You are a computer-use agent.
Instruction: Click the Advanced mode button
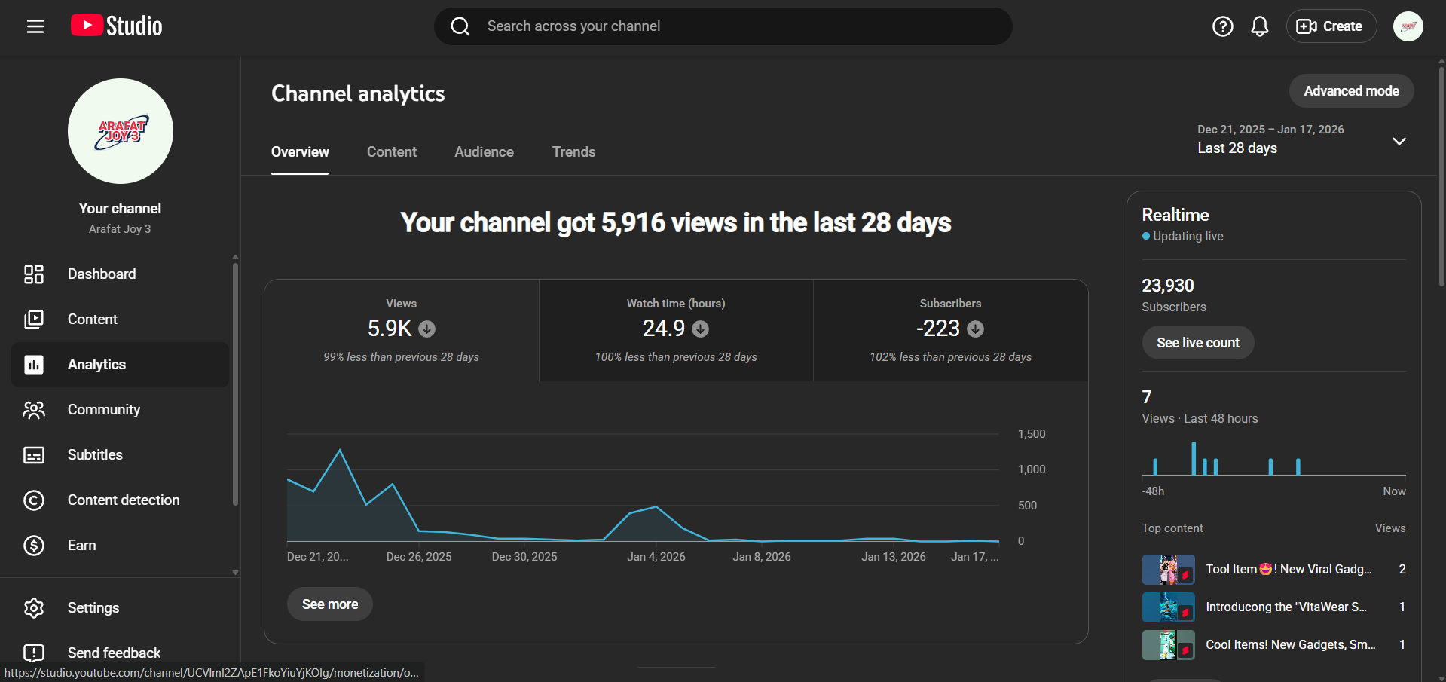point(1351,91)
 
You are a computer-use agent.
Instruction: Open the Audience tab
point(484,152)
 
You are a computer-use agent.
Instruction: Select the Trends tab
point(573,152)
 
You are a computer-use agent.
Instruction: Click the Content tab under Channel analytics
point(391,152)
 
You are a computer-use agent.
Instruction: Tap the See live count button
point(1197,343)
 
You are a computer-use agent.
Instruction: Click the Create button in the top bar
point(1331,26)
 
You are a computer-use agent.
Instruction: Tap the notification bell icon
point(1259,26)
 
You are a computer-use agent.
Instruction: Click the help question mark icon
point(1222,26)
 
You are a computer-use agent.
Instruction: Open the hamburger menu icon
point(35,26)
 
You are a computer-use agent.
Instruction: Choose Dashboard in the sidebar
point(102,274)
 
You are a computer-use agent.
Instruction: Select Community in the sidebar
point(103,410)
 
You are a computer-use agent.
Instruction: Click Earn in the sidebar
point(81,546)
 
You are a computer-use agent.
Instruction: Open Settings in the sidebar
point(93,608)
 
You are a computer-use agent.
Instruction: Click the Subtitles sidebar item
point(95,455)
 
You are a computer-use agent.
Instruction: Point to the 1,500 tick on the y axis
point(1031,434)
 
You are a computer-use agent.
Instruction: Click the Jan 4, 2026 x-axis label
point(656,557)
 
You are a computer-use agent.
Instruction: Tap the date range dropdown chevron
point(1399,142)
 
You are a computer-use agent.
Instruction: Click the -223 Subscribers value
point(938,329)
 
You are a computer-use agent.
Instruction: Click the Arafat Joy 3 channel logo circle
point(121,131)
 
